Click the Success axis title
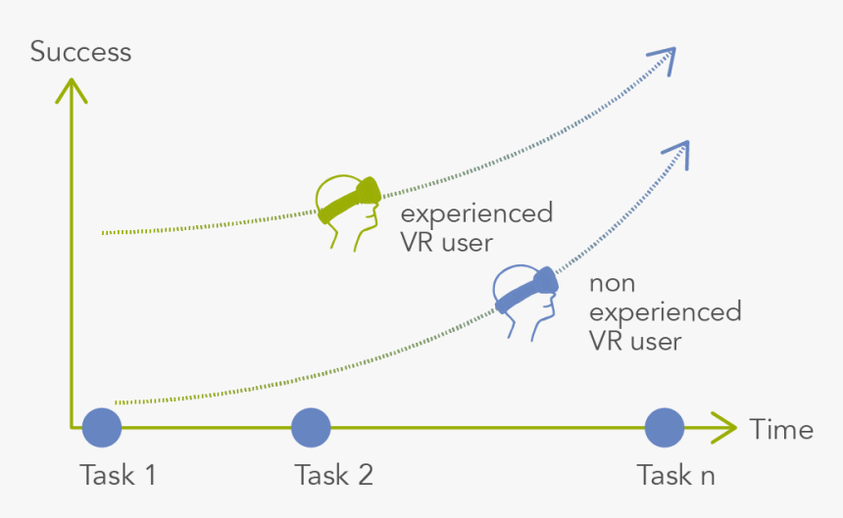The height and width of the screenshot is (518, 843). pos(80,51)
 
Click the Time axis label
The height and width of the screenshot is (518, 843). pos(781,429)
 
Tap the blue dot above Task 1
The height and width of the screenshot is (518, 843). pos(102,428)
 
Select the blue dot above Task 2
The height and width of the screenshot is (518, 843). pos(311,428)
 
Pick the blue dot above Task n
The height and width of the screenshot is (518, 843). pos(664,428)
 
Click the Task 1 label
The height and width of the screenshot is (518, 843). pos(118,476)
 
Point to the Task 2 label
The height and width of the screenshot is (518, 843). pos(333,476)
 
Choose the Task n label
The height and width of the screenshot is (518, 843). pos(675,476)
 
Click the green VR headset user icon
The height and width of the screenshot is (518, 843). pos(348,210)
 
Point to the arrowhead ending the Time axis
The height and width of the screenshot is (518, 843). pos(723,428)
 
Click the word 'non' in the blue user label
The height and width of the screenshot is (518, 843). pos(612,284)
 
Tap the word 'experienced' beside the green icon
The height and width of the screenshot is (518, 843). pos(476,212)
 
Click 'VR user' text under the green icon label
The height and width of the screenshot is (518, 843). pos(446,242)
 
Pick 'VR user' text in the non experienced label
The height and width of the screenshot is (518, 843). pos(634,341)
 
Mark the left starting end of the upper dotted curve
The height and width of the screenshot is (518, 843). pos(104,233)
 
